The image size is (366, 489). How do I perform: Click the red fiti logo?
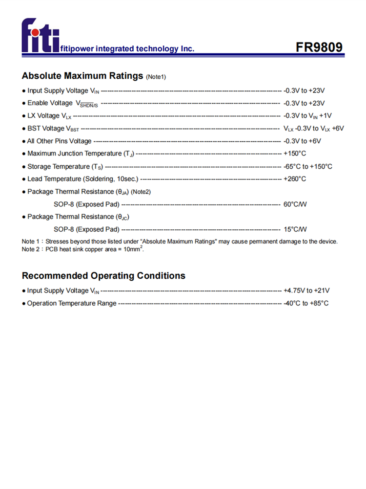40,36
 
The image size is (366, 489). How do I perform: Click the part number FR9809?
319,47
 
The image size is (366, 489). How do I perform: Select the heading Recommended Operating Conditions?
103,276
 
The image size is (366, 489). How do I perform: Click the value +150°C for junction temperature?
295,154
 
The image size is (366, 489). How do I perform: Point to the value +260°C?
295,179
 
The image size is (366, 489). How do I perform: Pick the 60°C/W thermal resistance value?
295,204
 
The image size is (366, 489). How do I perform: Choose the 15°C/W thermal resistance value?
295,229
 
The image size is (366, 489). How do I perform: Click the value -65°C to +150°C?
307,166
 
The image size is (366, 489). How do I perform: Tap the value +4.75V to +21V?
306,290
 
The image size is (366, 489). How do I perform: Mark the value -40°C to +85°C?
306,303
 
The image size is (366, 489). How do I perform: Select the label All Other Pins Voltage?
59,141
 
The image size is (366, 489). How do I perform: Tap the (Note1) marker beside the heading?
156,77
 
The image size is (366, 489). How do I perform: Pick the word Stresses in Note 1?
58,242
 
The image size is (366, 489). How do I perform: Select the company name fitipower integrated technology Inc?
127,49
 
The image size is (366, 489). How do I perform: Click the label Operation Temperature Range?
72,303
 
